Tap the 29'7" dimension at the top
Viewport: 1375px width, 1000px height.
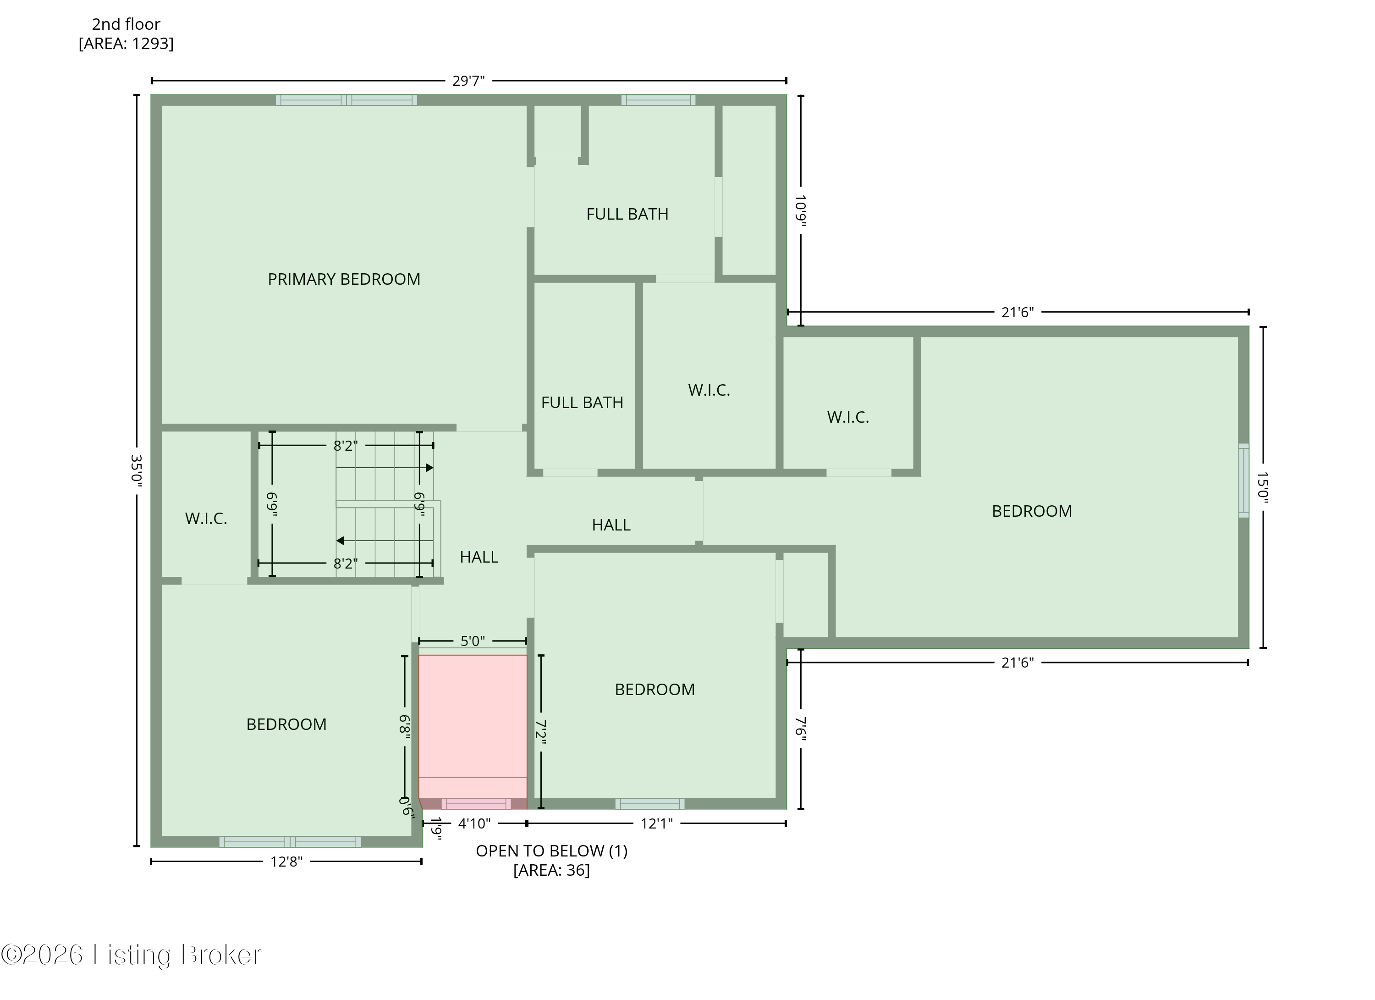468,81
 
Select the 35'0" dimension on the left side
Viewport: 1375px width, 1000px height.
137,470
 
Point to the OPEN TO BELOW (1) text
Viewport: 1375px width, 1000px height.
551,851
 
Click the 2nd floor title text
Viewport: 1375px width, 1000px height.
126,24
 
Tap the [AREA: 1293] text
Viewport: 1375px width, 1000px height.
126,44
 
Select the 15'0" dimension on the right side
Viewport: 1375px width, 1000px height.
1263,487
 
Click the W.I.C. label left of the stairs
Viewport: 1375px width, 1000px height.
206,519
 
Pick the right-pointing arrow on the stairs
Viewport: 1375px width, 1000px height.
429,468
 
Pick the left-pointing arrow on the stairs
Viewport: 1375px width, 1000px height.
340,540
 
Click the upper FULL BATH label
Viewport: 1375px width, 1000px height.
627,214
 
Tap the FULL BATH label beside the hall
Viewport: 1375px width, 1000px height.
582,403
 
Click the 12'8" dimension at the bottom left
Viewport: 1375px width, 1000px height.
286,862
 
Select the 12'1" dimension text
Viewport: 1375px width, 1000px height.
657,823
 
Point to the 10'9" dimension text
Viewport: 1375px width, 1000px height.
801,210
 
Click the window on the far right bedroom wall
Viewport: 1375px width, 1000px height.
1243,481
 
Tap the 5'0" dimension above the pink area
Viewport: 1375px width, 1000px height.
472,641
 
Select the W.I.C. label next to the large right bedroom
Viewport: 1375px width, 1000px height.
847,417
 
